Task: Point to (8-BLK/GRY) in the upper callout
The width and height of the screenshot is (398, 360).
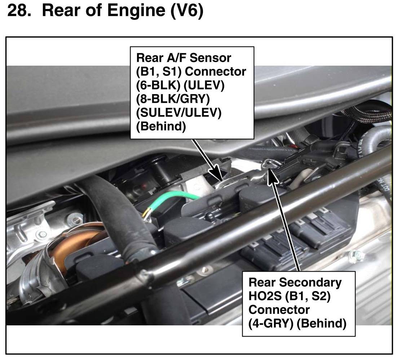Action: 173,99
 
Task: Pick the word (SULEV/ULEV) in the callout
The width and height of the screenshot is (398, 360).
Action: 179,113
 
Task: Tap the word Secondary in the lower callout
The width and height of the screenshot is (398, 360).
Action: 312,282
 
